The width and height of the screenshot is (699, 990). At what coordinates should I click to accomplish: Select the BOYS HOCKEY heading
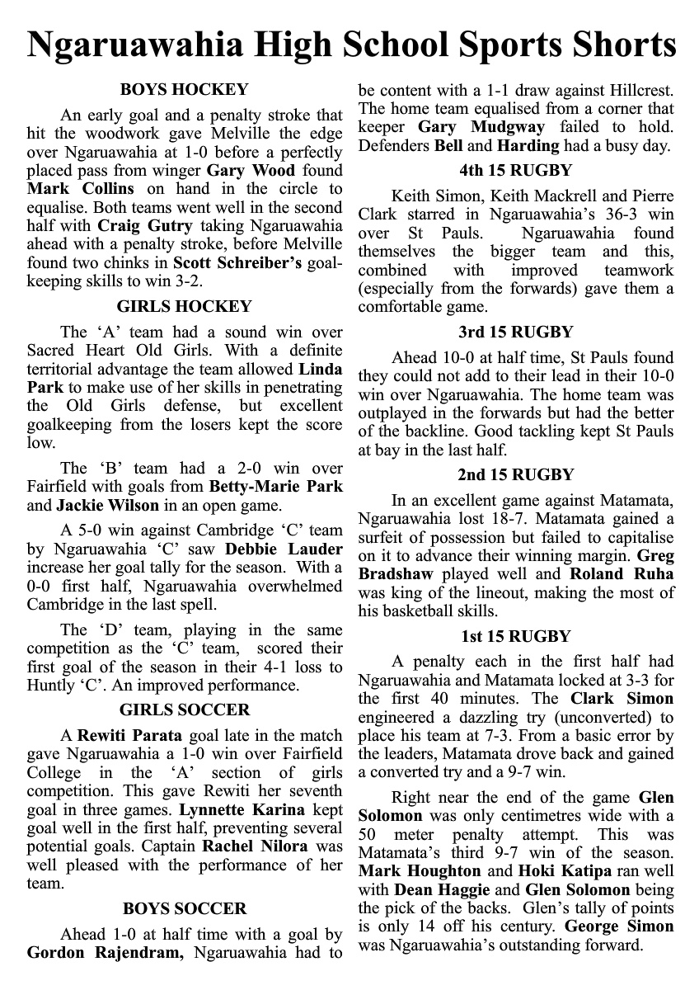click(184, 90)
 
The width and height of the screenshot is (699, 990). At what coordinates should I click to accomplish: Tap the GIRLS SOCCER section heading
click(185, 709)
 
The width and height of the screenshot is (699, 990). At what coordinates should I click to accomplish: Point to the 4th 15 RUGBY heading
click(515, 171)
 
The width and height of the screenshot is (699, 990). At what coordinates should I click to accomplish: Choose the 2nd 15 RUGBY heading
click(515, 474)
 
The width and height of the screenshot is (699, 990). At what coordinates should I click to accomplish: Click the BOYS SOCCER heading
click(185, 908)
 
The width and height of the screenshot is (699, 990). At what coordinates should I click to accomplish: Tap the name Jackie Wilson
click(101, 505)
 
